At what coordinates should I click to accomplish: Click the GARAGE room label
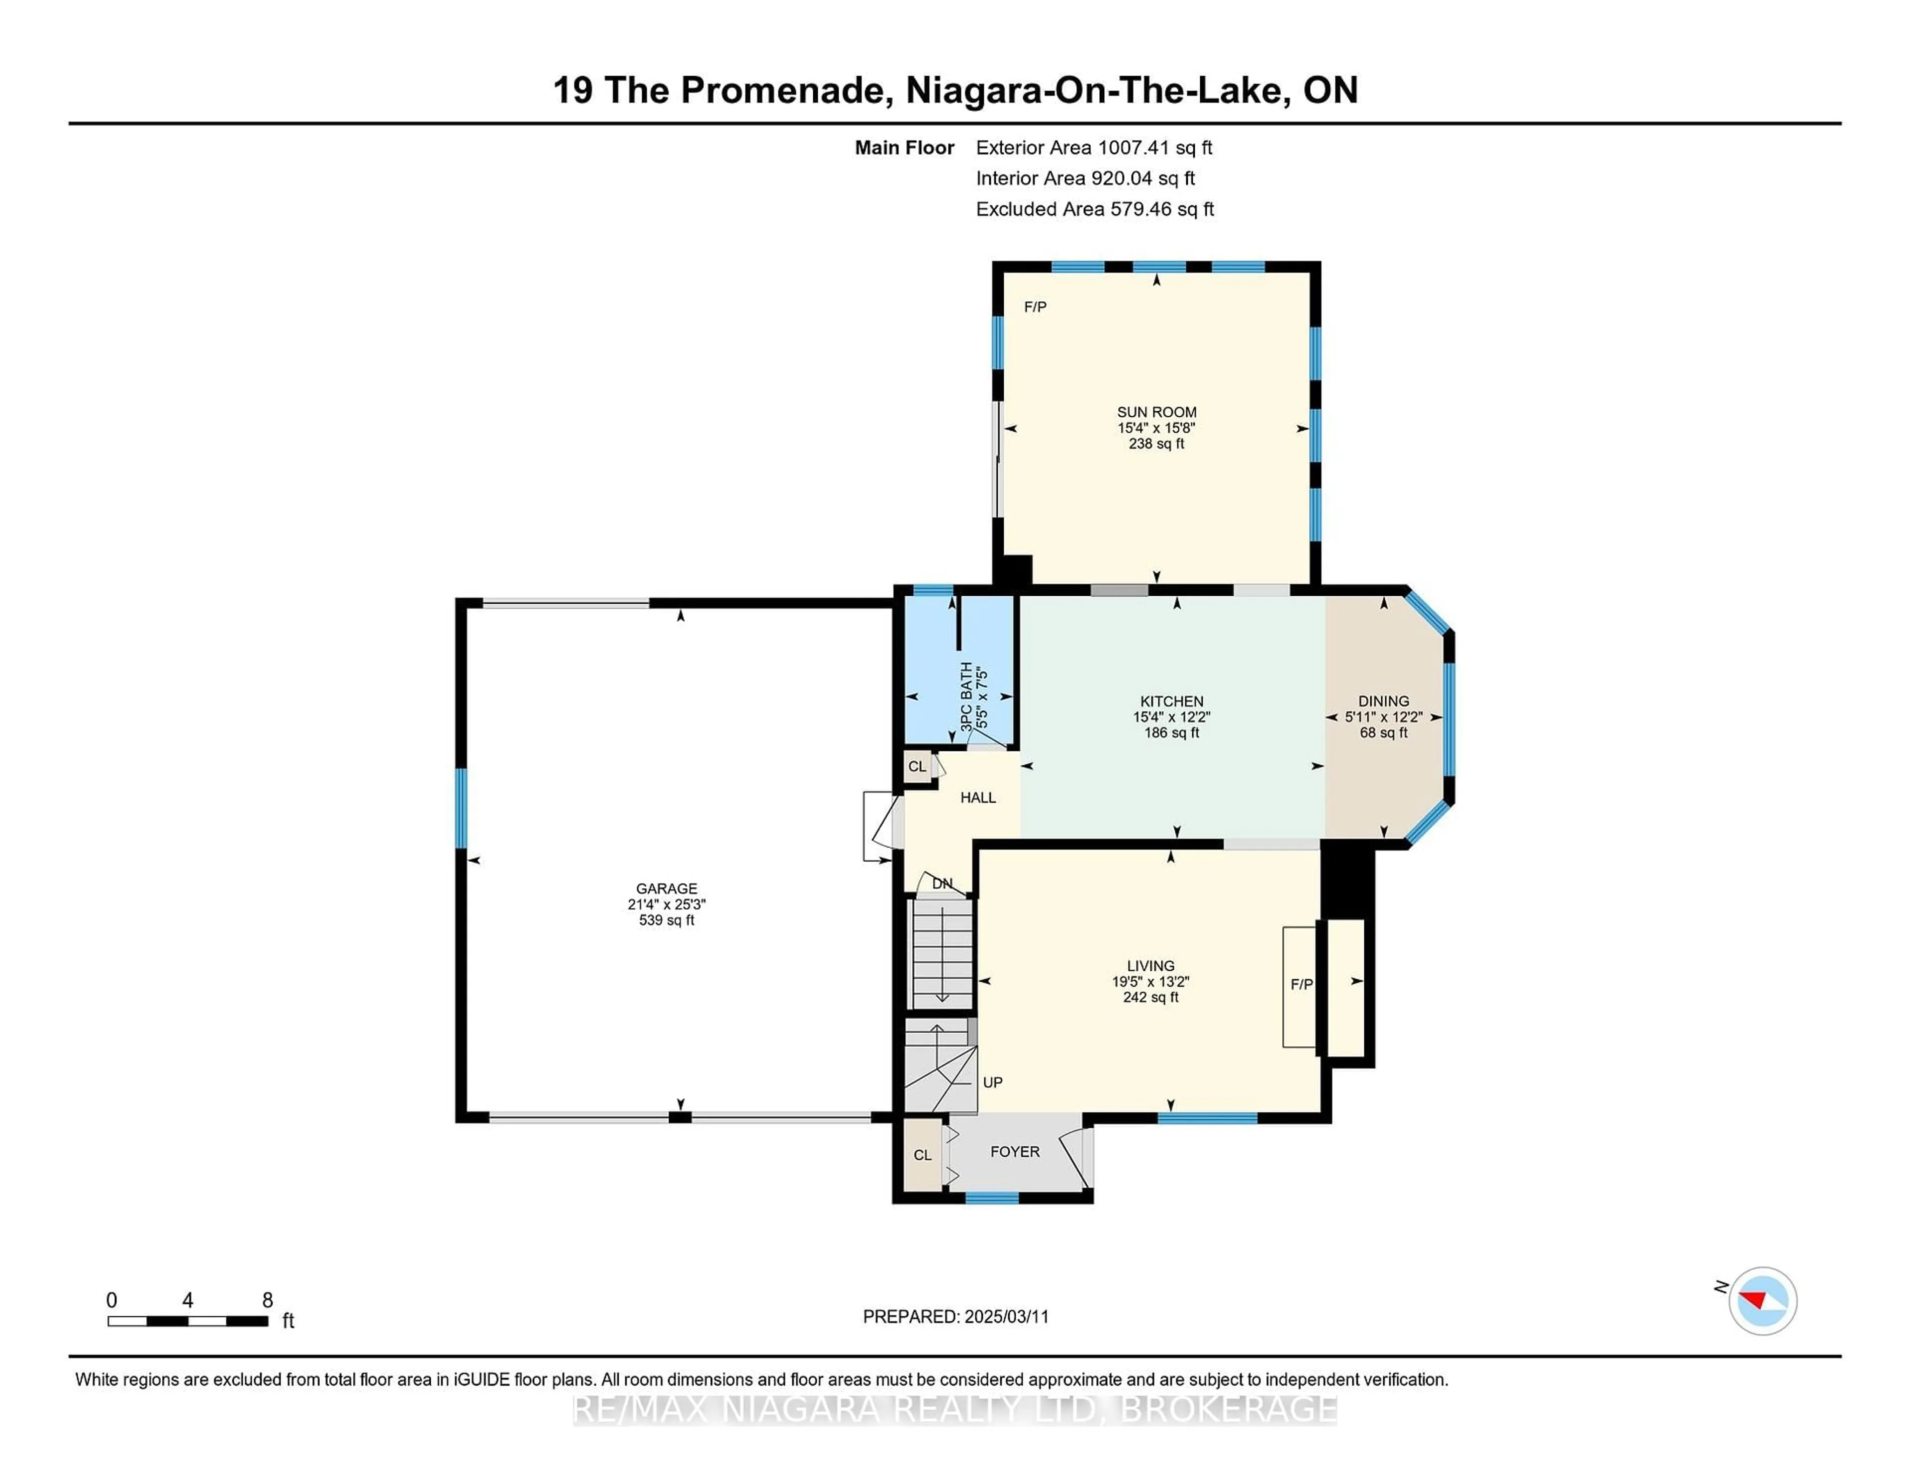click(x=667, y=888)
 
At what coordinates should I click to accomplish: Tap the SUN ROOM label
click(x=1156, y=412)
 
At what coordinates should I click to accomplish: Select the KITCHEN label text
click(x=1172, y=701)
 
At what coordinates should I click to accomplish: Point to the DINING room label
click(x=1384, y=701)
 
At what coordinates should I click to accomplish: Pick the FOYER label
click(x=1015, y=1152)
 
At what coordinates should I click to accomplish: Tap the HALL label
click(x=978, y=798)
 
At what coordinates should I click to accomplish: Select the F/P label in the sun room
click(x=1036, y=307)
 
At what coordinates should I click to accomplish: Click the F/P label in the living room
click(x=1301, y=985)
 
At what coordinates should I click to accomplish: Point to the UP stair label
click(x=993, y=1083)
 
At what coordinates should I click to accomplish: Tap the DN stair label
click(x=942, y=883)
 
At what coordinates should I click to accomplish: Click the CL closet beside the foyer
click(x=923, y=1155)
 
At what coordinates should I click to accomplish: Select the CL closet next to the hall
click(x=917, y=767)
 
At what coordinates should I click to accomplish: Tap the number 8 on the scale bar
click(x=268, y=1300)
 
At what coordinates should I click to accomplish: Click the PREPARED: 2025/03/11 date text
click(x=956, y=1317)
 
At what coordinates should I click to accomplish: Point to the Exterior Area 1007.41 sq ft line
click(x=1094, y=148)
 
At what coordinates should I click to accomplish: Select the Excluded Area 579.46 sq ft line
click(x=1095, y=209)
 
